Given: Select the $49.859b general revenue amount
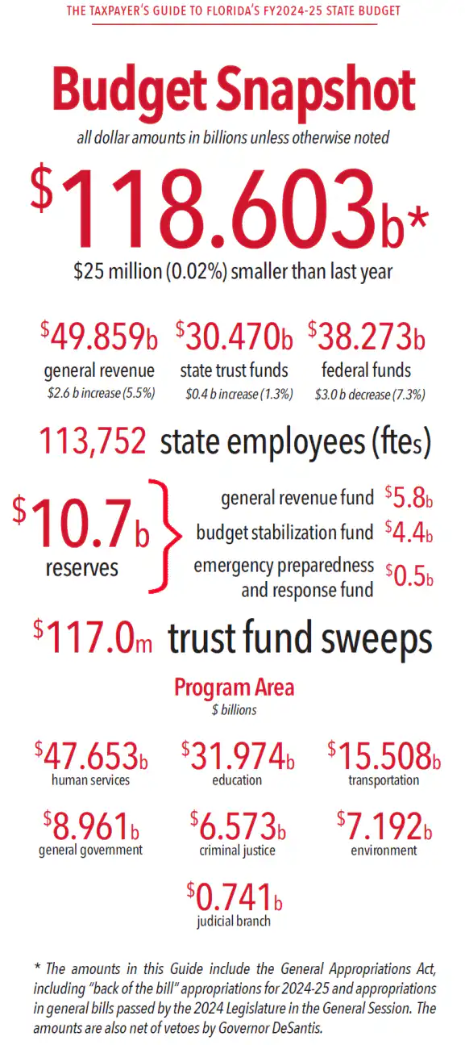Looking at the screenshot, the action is point(99,336).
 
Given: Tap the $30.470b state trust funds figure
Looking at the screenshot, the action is point(235,336).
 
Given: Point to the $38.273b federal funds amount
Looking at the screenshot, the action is point(367,336).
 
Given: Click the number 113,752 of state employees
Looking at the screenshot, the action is point(93,441).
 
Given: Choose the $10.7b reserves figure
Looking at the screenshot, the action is point(81,523).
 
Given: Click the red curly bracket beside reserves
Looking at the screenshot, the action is point(165,536).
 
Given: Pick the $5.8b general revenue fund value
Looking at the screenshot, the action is point(409,497).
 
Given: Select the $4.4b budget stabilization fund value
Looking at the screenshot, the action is point(409,533).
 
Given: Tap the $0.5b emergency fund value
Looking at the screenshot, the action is point(409,575).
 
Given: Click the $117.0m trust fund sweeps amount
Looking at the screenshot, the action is point(93,637).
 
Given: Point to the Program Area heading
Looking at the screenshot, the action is point(235,688).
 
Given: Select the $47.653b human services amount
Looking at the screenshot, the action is point(91,756).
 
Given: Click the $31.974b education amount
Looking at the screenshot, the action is point(238,756).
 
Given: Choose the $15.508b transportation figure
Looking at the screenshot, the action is point(384,756).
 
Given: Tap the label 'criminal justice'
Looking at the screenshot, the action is point(237,851).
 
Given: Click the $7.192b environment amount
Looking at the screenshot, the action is point(384,826).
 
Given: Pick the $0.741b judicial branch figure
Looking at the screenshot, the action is point(235,897).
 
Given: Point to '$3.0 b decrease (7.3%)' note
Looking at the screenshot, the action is point(370,395).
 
